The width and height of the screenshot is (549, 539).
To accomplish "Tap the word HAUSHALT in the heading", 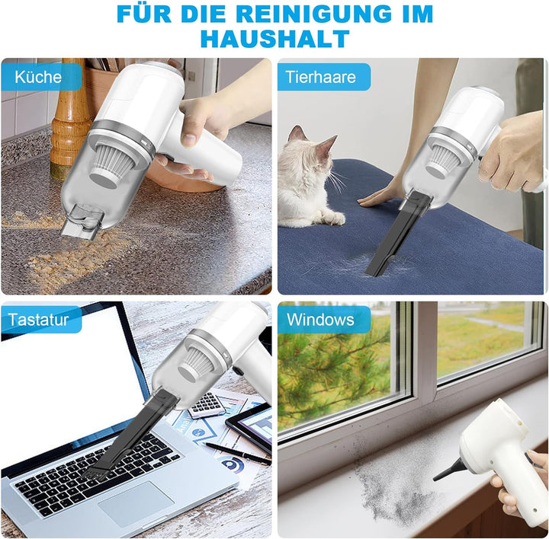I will [274, 38].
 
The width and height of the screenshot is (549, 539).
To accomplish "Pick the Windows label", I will [320, 320].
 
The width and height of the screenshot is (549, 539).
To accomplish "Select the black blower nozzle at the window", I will [449, 468].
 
